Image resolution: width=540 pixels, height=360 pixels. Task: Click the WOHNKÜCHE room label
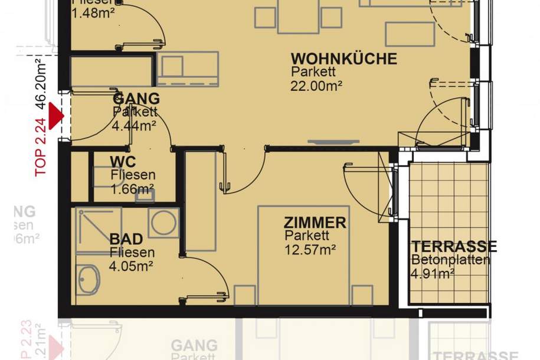click(x=343, y=59)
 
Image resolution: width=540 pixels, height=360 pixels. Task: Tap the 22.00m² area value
click(x=316, y=86)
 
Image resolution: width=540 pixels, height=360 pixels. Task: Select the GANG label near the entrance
click(x=136, y=99)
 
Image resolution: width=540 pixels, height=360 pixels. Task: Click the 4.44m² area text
click(x=135, y=125)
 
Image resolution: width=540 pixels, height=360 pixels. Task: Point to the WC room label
click(x=123, y=161)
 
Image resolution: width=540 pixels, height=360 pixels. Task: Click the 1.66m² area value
click(x=132, y=189)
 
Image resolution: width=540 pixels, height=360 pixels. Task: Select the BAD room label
click(x=126, y=239)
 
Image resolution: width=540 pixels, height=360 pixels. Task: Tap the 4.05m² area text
click(x=132, y=266)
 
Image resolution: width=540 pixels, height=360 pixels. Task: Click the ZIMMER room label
click(x=315, y=223)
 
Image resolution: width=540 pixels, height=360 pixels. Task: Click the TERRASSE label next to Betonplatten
click(x=454, y=246)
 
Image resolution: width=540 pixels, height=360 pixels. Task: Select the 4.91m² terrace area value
click(x=433, y=273)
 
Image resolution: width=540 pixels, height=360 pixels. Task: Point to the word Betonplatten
click(x=450, y=260)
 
